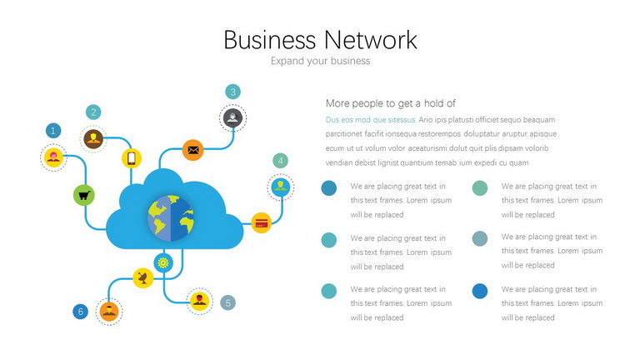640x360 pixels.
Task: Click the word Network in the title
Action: [x=371, y=40]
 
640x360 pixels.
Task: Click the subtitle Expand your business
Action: [x=320, y=61]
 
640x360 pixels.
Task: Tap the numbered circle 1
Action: [x=53, y=131]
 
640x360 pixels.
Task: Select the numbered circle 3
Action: [x=232, y=92]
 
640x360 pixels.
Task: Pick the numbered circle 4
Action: [x=280, y=161]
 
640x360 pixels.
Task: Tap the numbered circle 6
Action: [x=80, y=312]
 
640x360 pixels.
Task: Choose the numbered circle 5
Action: [x=227, y=302]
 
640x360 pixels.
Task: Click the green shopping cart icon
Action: [x=84, y=196]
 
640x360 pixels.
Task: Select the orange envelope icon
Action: [x=193, y=150]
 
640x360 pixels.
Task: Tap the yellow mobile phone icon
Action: [x=132, y=158]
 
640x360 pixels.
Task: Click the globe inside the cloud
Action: [x=171, y=218]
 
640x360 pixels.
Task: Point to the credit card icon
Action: [x=261, y=223]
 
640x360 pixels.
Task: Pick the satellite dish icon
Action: [x=142, y=278]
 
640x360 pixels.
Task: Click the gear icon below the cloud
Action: [x=163, y=262]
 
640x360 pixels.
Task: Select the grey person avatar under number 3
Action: [x=232, y=118]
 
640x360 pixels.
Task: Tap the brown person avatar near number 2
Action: [x=93, y=139]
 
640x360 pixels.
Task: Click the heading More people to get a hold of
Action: [x=391, y=103]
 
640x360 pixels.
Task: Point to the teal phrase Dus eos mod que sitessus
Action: [x=371, y=120]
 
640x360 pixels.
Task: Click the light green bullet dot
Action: [x=480, y=188]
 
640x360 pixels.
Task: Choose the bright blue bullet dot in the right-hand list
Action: [x=480, y=291]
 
